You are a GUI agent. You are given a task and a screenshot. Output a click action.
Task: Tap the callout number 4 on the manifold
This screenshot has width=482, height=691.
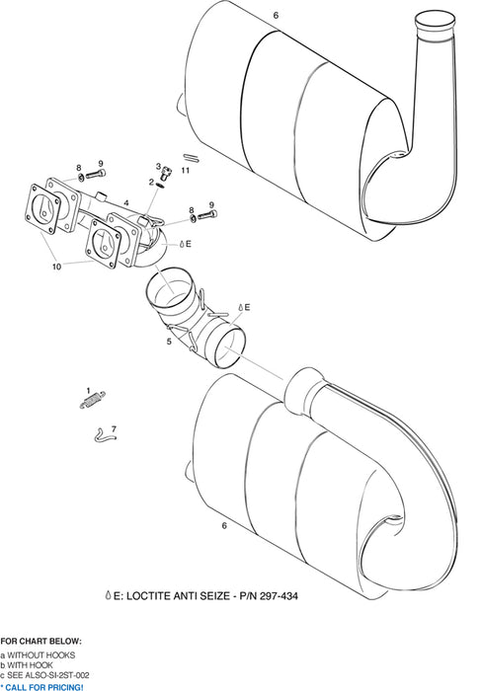click(125, 202)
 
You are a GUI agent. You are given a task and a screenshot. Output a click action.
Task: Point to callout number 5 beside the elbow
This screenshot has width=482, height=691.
click(169, 342)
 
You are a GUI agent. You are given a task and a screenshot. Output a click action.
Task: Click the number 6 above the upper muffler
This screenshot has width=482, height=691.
click(276, 16)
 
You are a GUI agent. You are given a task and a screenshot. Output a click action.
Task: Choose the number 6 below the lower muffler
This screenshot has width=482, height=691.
click(224, 526)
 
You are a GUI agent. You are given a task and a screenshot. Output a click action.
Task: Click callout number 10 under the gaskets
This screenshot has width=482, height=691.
click(57, 267)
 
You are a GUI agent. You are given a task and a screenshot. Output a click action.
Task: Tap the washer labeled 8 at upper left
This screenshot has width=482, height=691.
click(80, 179)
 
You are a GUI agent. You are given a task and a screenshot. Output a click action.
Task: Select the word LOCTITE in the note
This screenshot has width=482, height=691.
click(146, 597)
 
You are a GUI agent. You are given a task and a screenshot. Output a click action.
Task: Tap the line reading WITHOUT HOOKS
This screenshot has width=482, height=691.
click(40, 655)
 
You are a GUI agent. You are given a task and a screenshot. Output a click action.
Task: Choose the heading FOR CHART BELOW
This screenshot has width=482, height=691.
click(41, 641)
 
